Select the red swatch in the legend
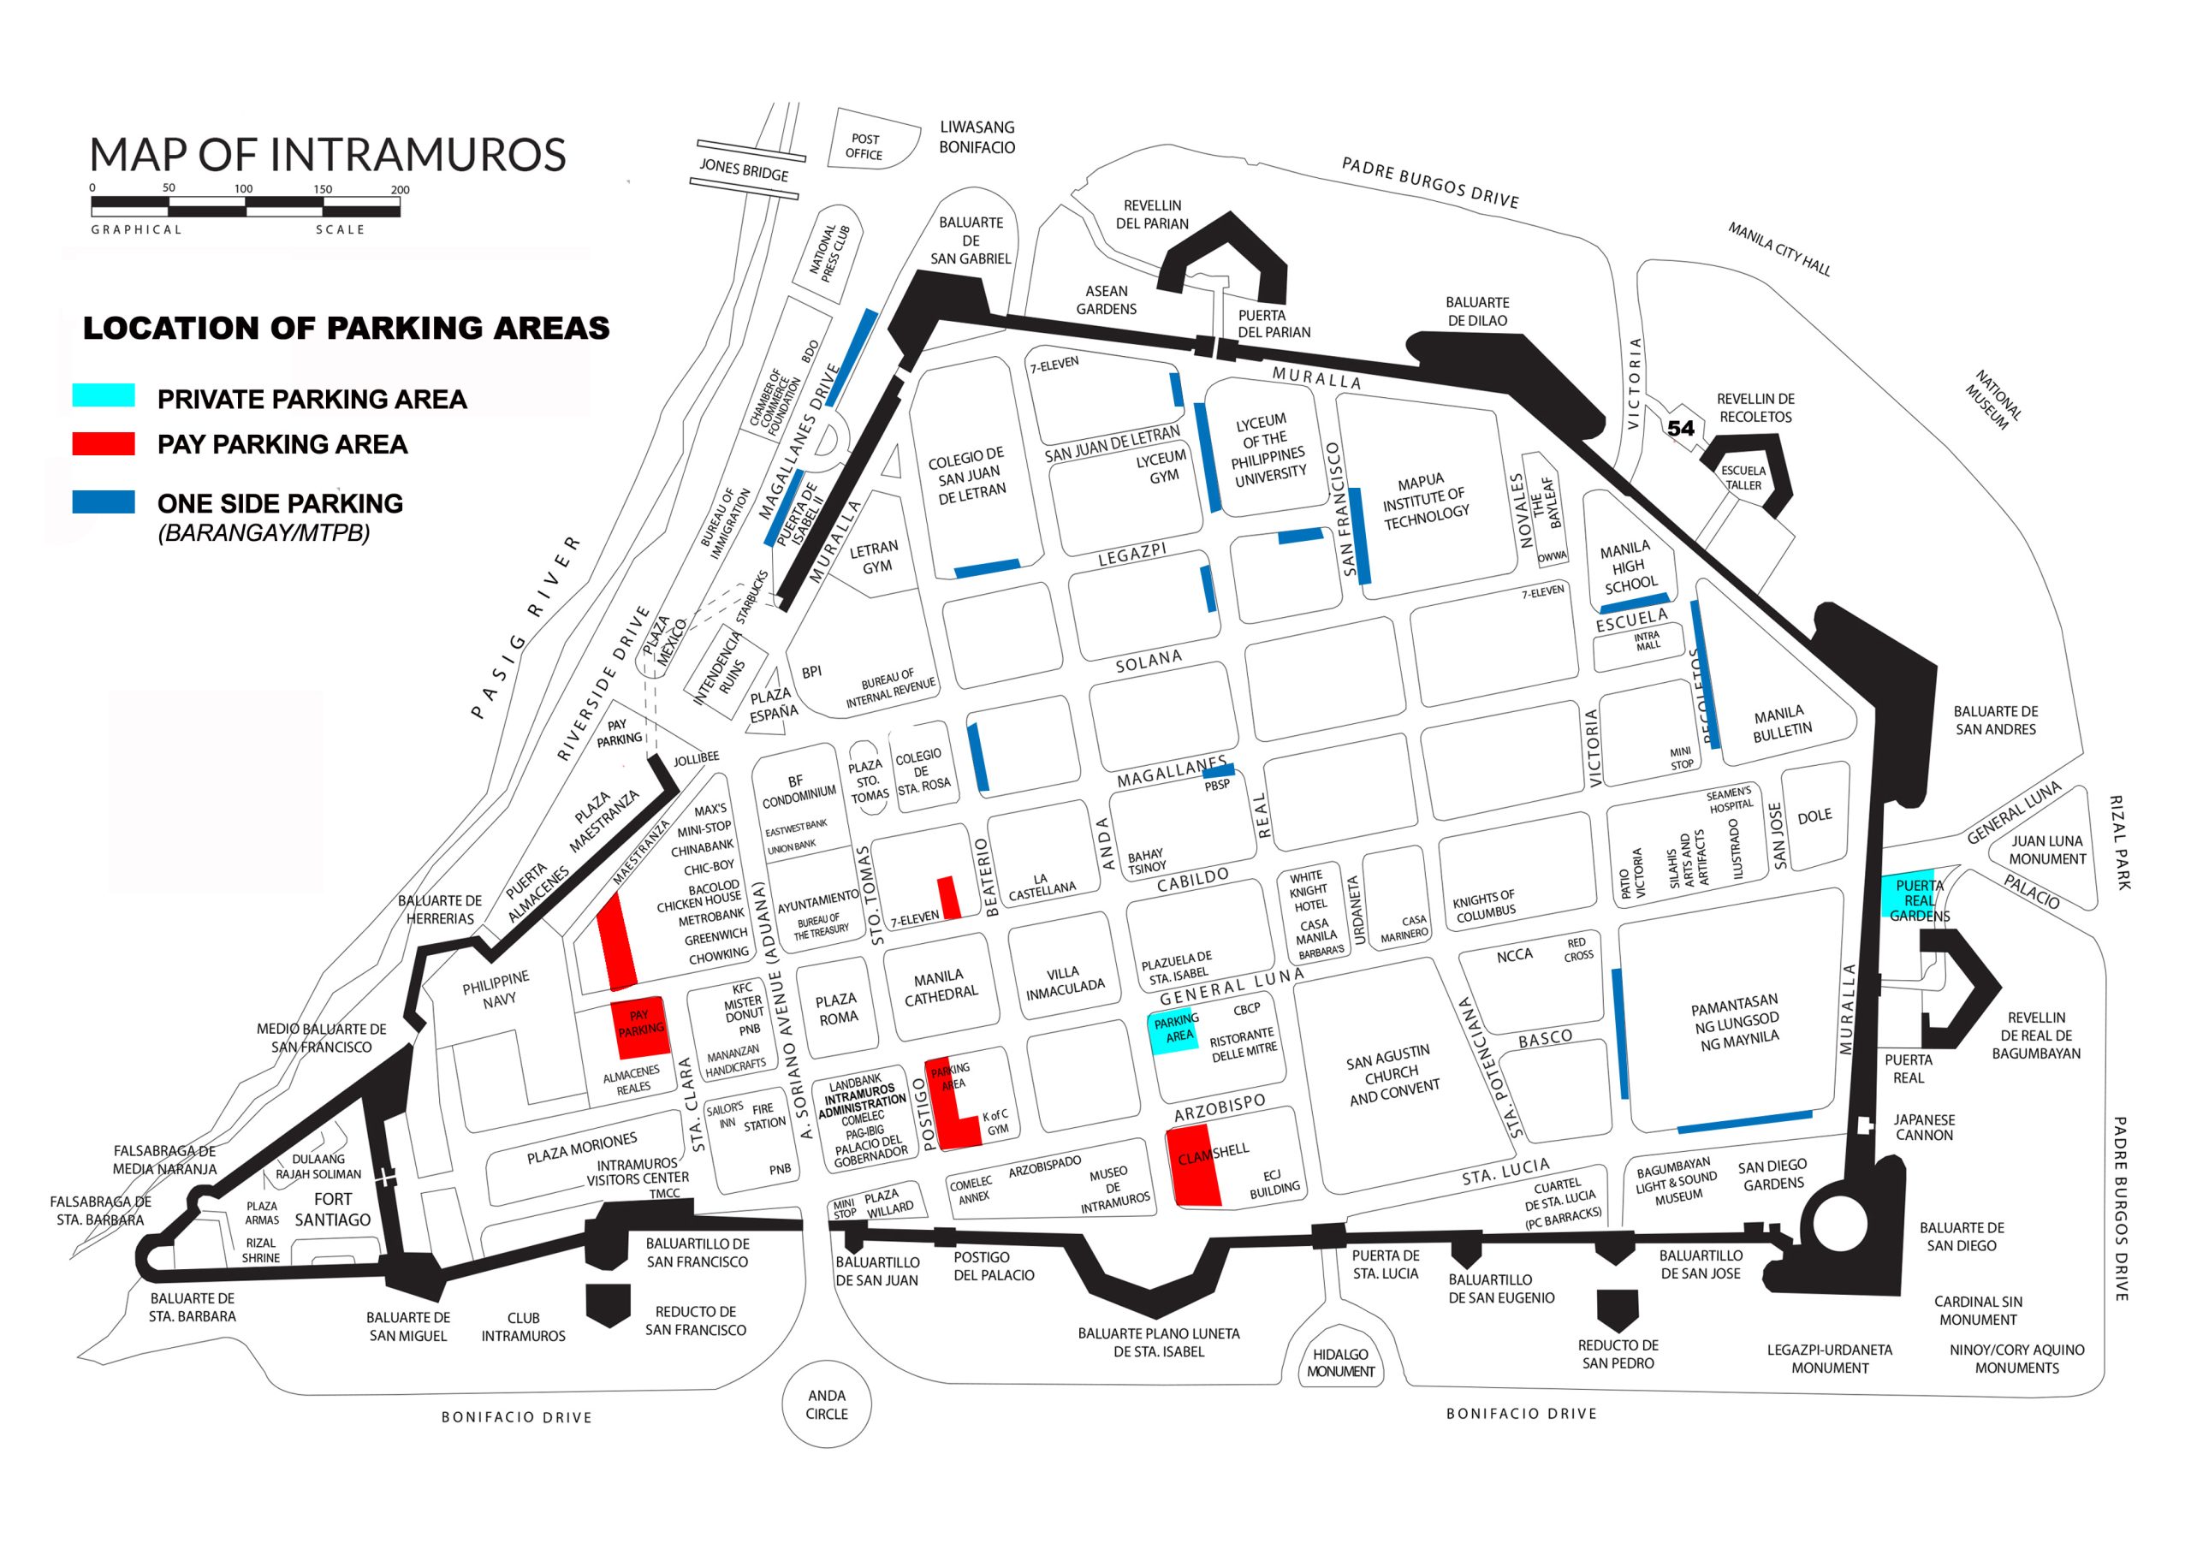coord(103,444)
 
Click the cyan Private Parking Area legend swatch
coord(103,395)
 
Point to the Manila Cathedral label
coord(940,985)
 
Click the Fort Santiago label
coord(332,1209)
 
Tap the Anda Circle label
coord(827,1405)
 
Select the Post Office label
coord(864,146)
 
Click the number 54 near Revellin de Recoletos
coord(1680,429)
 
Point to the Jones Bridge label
coord(745,170)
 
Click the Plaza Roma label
coord(837,1009)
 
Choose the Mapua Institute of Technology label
coord(1425,501)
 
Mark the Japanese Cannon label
coord(1924,1127)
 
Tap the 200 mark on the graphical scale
coord(400,190)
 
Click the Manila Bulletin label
coord(1781,722)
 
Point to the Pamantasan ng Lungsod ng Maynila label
coord(1736,1024)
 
